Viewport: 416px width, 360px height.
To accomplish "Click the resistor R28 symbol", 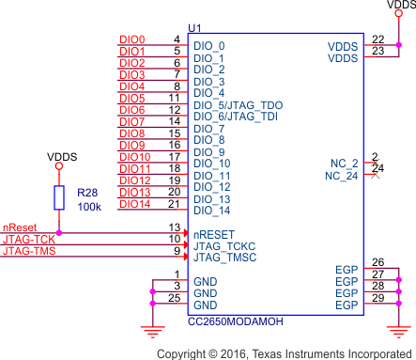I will coord(59,196).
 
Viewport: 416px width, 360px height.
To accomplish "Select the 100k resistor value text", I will coord(88,206).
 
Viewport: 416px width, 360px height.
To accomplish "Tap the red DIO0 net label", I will coord(132,39).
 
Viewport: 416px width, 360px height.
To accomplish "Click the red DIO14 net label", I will coord(135,204).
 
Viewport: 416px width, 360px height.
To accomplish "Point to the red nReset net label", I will coord(20,227).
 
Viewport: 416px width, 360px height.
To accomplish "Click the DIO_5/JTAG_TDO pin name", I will coord(238,104).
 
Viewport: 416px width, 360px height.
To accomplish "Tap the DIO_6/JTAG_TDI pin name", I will coord(236,117).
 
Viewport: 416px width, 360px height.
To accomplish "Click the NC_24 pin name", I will coord(342,176).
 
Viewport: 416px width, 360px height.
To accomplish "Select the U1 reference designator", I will coord(194,30).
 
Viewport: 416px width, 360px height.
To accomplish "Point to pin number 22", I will coord(377,39).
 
